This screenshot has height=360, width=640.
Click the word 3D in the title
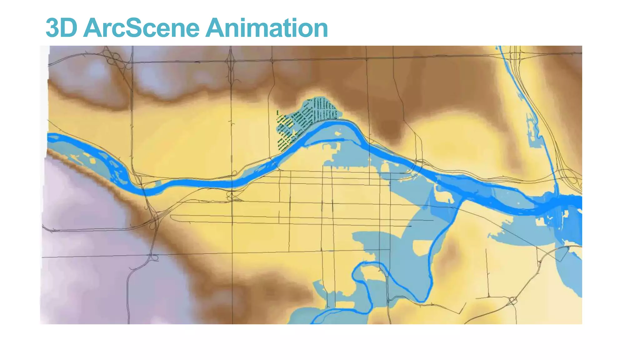62,28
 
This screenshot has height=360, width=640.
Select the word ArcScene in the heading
141,28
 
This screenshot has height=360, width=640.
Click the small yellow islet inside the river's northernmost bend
337,134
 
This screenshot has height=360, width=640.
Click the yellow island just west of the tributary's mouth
443,196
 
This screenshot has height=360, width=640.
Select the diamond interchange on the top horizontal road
231,61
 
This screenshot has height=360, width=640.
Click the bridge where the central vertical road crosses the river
232,184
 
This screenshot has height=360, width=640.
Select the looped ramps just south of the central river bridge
231,196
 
